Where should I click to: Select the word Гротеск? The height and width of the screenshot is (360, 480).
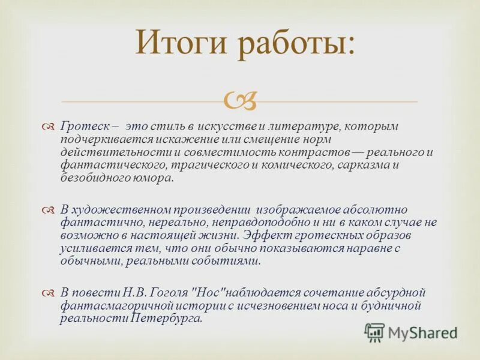pos(82,127)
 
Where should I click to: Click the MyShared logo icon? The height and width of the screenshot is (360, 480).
pos(374,331)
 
